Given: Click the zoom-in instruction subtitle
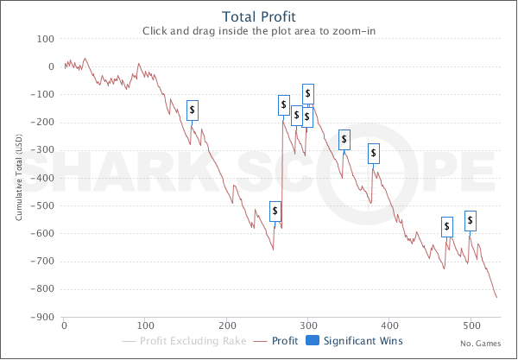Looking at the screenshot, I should (x=258, y=31).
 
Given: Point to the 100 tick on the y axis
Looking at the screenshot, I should (x=46, y=39).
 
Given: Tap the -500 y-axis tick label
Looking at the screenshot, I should (x=43, y=206).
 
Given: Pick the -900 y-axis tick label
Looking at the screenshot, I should (x=43, y=318).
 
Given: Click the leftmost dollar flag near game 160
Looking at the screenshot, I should (x=193, y=110).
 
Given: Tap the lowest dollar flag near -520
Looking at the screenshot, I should (x=275, y=211).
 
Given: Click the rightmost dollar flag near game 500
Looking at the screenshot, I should (x=471, y=219).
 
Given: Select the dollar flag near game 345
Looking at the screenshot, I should (x=344, y=139).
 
